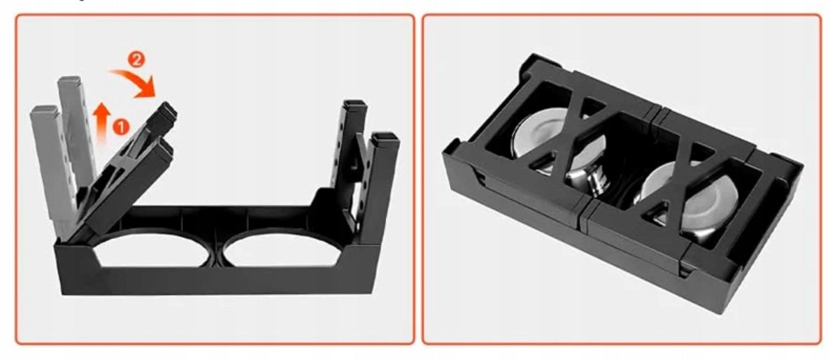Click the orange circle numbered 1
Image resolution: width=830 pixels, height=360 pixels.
click(121, 127)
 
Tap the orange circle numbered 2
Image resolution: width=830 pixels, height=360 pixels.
click(136, 60)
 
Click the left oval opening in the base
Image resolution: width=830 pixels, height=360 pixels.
click(152, 250)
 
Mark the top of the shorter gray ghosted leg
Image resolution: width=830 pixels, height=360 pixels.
click(44, 110)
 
